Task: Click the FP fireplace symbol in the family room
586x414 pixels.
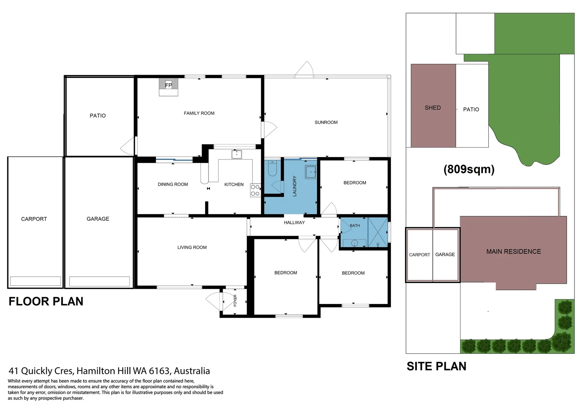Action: click(169, 85)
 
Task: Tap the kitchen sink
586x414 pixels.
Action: click(236, 154)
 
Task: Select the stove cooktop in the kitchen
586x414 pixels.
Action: click(255, 191)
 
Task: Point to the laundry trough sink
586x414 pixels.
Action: click(310, 172)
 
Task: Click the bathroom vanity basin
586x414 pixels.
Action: click(355, 243)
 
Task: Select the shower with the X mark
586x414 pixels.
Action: click(378, 232)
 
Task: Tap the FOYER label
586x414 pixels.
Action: click(235, 301)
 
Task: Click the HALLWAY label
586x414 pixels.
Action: click(294, 223)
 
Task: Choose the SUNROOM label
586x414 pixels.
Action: click(326, 123)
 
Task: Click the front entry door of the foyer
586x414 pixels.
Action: click(214, 302)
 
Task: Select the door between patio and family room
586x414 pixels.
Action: click(129, 146)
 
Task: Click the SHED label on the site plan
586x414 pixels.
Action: click(433, 108)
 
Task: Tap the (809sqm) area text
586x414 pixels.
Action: click(469, 169)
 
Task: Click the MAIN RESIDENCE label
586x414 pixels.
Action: click(514, 252)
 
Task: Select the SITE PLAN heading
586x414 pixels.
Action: click(436, 366)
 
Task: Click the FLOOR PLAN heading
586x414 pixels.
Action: click(46, 302)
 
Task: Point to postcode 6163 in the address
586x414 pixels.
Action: click(159, 371)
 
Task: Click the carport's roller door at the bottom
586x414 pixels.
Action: click(35, 281)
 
